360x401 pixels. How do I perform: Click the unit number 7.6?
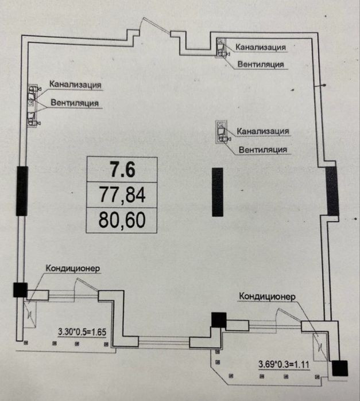[122, 170]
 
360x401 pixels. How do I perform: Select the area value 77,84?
[122, 195]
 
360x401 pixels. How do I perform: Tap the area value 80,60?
[122, 220]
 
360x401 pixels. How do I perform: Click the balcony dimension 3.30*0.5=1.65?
[82, 332]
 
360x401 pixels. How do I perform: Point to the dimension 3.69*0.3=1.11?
[284, 364]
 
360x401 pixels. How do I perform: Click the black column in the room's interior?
[218, 192]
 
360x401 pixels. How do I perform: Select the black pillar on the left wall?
[22, 191]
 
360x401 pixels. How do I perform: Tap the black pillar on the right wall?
[332, 191]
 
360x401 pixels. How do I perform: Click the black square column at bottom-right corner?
[340, 368]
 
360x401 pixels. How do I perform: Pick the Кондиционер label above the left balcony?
[73, 268]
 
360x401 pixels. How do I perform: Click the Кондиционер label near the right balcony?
[267, 296]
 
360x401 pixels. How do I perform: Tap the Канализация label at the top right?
[261, 47]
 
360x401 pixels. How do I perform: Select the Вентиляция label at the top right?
[261, 64]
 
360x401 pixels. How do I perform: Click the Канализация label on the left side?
[75, 84]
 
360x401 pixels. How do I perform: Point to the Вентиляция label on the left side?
[75, 103]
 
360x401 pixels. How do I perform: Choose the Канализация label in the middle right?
[263, 131]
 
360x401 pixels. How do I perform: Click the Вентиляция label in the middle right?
[263, 149]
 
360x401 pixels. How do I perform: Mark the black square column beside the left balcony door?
[20, 290]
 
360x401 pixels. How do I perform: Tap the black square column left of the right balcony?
[219, 320]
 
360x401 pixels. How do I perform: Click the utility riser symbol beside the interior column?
[220, 131]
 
